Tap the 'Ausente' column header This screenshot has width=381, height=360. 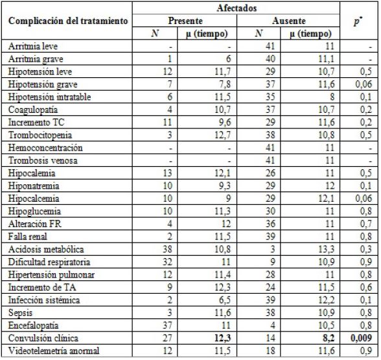[x=291, y=21]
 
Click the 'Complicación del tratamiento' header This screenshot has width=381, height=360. [x=67, y=21]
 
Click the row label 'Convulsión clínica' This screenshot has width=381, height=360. [x=45, y=338]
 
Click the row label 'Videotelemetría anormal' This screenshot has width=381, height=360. [x=54, y=350]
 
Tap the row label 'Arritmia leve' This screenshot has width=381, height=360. [x=34, y=47]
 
